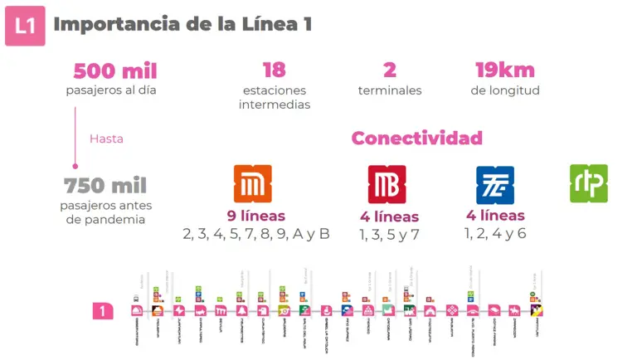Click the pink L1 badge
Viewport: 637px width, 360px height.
pyautogui.click(x=25, y=26)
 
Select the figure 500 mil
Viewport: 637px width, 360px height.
pyautogui.click(x=115, y=71)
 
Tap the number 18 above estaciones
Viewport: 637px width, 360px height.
pyautogui.click(x=274, y=71)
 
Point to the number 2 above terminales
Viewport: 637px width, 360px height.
pyautogui.click(x=390, y=71)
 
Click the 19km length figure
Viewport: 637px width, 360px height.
pyautogui.click(x=504, y=71)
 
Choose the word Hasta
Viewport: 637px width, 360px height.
pyautogui.click(x=106, y=139)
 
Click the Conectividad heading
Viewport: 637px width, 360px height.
pyautogui.click(x=416, y=138)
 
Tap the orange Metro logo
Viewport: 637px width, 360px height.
pyautogui.click(x=252, y=184)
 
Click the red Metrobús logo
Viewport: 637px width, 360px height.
pyautogui.click(x=387, y=184)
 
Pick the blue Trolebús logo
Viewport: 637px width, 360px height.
pyautogui.click(x=494, y=184)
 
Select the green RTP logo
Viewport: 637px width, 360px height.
pyautogui.click(x=589, y=183)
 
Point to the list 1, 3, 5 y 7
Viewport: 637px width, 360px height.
pyautogui.click(x=389, y=235)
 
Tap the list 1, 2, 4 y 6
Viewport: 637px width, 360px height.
pyautogui.click(x=495, y=234)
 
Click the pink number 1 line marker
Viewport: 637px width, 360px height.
pyautogui.click(x=102, y=312)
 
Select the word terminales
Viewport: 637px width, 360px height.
pyautogui.click(x=390, y=90)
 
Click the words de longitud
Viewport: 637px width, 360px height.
pyautogui.click(x=505, y=90)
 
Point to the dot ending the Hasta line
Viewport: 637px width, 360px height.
pyautogui.click(x=75, y=166)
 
